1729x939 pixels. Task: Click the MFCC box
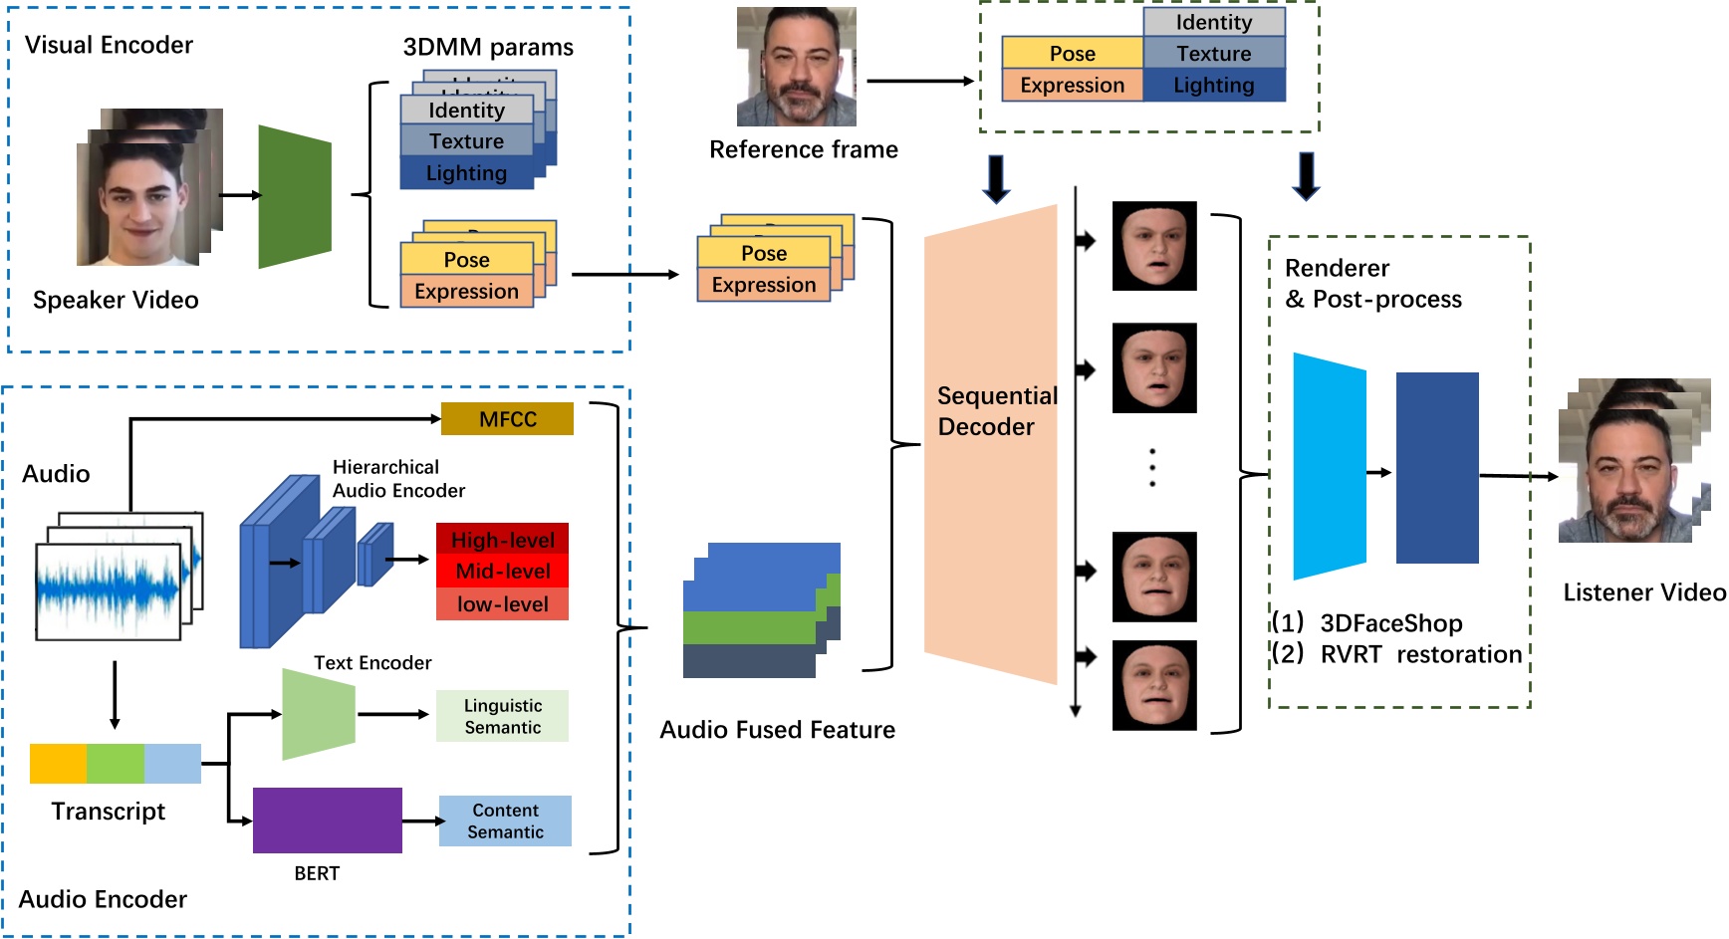(x=507, y=419)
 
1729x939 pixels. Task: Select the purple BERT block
(x=327, y=821)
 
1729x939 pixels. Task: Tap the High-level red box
(x=502, y=539)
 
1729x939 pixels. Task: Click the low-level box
(x=502, y=604)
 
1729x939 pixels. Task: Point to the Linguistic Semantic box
(x=502, y=716)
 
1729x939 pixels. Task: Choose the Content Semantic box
(x=505, y=822)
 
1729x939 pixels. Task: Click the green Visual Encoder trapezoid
(x=294, y=196)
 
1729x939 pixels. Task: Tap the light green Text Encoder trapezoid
(x=318, y=714)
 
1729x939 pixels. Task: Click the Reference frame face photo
(x=796, y=67)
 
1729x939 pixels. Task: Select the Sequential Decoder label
(x=996, y=411)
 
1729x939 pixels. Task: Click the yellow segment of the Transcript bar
(x=58, y=764)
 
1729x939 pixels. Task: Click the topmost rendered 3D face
(x=1153, y=246)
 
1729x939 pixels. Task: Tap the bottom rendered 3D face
(x=1153, y=686)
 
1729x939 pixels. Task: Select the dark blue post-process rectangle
(x=1436, y=468)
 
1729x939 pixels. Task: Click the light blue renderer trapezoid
(x=1329, y=466)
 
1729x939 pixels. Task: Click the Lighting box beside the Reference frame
(x=1213, y=86)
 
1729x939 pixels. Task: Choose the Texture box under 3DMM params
(x=466, y=141)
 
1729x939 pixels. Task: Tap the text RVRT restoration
(x=1420, y=654)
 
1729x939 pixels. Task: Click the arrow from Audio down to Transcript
(x=115, y=695)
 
